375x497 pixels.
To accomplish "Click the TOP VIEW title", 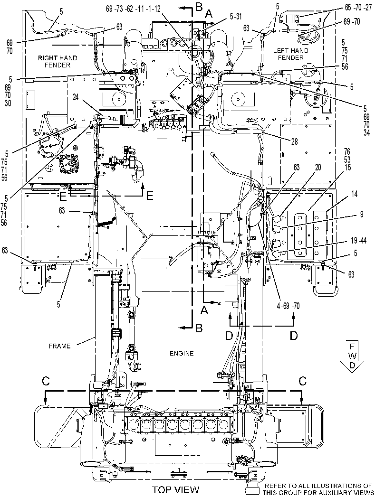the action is click(x=175, y=490).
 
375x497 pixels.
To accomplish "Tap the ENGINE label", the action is click(x=182, y=353).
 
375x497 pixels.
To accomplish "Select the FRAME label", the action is click(x=59, y=346).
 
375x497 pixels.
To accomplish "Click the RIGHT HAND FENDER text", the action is click(x=58, y=62).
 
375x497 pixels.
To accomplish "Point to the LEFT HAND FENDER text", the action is click(x=290, y=54).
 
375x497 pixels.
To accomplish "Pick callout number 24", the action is click(x=76, y=97).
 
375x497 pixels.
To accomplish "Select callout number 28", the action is click(x=294, y=141).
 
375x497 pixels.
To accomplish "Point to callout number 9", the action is click(x=361, y=215).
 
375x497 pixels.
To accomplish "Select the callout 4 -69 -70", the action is click(x=288, y=306).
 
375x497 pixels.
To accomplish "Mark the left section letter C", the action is click(x=46, y=381).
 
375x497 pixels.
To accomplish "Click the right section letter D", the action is click(x=294, y=335).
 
